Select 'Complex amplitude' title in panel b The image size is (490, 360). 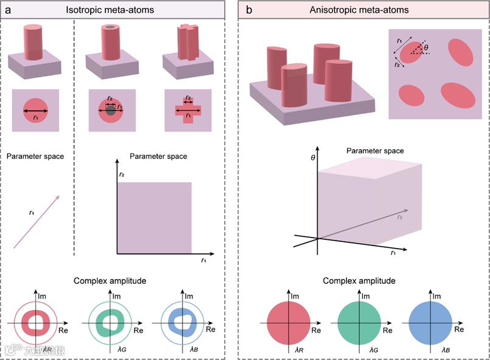364,281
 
